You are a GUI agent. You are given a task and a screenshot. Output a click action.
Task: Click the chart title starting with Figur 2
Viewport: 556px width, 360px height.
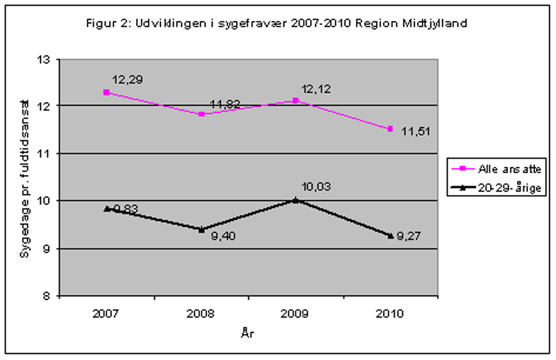pyautogui.click(x=277, y=23)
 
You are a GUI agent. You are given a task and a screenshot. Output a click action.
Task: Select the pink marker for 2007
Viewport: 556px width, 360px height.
pyautogui.click(x=106, y=92)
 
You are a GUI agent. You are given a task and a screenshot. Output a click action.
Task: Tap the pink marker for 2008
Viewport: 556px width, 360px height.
pyautogui.click(x=202, y=114)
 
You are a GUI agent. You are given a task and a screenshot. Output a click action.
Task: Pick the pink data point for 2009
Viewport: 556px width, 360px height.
pyautogui.click(x=296, y=101)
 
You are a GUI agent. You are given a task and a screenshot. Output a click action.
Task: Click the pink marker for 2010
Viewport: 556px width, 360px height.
pyautogui.click(x=391, y=129)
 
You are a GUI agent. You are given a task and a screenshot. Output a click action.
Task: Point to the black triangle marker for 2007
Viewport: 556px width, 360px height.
pyautogui.click(x=106, y=208)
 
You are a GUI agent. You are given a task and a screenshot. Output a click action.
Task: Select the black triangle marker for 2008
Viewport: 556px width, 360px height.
pyautogui.click(x=202, y=229)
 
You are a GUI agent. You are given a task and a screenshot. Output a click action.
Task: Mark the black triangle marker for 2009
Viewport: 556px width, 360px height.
pyautogui.click(x=296, y=199)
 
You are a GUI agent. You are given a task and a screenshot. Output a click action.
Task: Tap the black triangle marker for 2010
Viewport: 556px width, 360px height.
pyautogui.click(x=391, y=235)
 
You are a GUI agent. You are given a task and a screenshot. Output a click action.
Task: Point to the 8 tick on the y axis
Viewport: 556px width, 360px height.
pyautogui.click(x=51, y=296)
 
